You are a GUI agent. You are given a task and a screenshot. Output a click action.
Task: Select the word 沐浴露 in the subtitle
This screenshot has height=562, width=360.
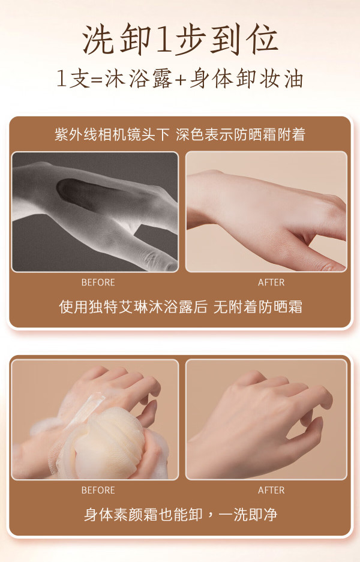(x=139, y=79)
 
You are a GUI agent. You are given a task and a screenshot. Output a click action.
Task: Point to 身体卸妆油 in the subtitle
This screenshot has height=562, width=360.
(x=247, y=79)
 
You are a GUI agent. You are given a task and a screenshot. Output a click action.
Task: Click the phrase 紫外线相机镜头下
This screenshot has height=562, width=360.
(x=112, y=134)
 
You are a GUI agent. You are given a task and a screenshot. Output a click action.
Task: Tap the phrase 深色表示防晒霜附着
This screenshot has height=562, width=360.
(x=241, y=134)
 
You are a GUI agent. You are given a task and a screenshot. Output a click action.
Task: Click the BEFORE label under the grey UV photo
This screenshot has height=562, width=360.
(x=98, y=282)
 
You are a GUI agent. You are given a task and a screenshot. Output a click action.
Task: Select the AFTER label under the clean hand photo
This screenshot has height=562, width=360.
(x=271, y=282)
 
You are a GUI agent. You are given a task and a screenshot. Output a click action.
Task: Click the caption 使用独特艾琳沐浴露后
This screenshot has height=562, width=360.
(x=133, y=307)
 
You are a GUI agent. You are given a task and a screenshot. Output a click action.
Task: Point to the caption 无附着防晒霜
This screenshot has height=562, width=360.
(x=258, y=307)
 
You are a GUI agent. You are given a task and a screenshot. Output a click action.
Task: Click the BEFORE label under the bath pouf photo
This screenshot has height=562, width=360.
(x=98, y=490)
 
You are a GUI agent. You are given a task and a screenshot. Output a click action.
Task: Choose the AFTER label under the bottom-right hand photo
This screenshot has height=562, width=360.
(x=271, y=490)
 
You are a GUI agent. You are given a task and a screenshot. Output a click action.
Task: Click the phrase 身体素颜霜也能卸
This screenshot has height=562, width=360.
(x=143, y=515)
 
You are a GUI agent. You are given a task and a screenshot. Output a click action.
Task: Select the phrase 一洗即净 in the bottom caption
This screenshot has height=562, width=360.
(x=248, y=515)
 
